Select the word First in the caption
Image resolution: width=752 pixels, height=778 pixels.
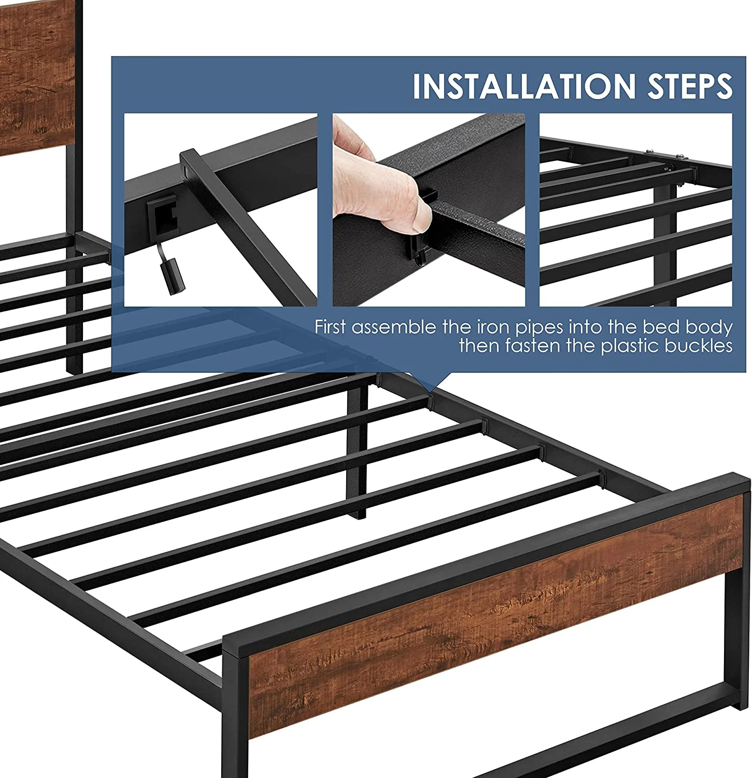click(x=332, y=327)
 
